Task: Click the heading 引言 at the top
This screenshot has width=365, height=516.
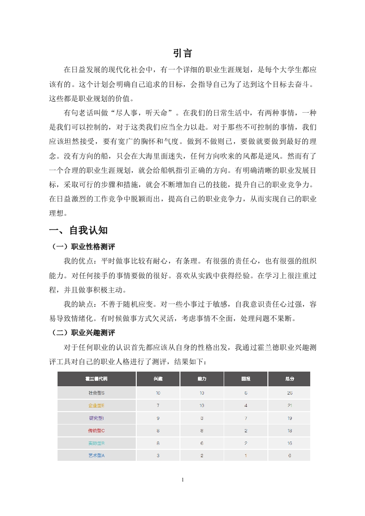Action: pos(183,53)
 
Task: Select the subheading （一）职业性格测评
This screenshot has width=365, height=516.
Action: pos(82,247)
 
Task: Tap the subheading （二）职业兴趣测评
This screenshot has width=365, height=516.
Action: pos(82,333)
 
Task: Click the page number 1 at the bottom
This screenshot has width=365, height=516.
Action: pos(183,480)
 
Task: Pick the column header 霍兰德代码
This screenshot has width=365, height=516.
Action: pos(97,379)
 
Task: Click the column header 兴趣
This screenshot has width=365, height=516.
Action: pos(158,379)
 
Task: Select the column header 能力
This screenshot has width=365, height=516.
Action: pos(202,379)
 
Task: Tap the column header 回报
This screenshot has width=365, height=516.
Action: pos(246,379)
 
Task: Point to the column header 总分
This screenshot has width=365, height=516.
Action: pos(290,379)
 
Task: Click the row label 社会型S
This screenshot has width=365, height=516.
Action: pos(97,393)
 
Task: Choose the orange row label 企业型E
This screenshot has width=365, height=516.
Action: pos(97,406)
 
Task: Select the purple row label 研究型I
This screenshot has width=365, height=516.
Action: pos(97,418)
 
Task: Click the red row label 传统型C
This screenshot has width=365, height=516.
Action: pos(97,431)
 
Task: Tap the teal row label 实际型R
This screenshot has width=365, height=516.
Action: pos(97,443)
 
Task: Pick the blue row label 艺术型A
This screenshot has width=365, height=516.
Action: pos(97,456)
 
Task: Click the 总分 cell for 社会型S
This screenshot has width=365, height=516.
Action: pos(290,393)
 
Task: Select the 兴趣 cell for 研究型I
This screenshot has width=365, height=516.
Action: pos(158,418)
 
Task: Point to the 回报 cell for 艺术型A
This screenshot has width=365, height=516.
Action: pos(246,456)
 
